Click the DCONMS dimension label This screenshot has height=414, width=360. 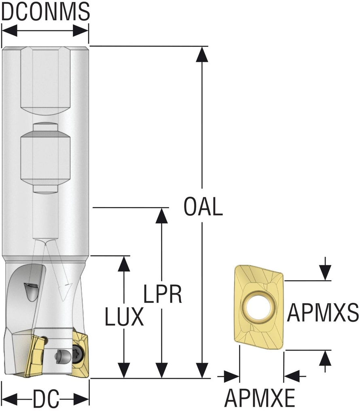45,11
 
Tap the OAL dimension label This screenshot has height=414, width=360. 203,207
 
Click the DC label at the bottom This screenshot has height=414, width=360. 46,400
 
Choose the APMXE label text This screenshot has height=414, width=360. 260,399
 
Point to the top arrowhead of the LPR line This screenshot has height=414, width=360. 162,215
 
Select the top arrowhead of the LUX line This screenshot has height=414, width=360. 124,264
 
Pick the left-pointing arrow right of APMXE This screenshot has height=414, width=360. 292,376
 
